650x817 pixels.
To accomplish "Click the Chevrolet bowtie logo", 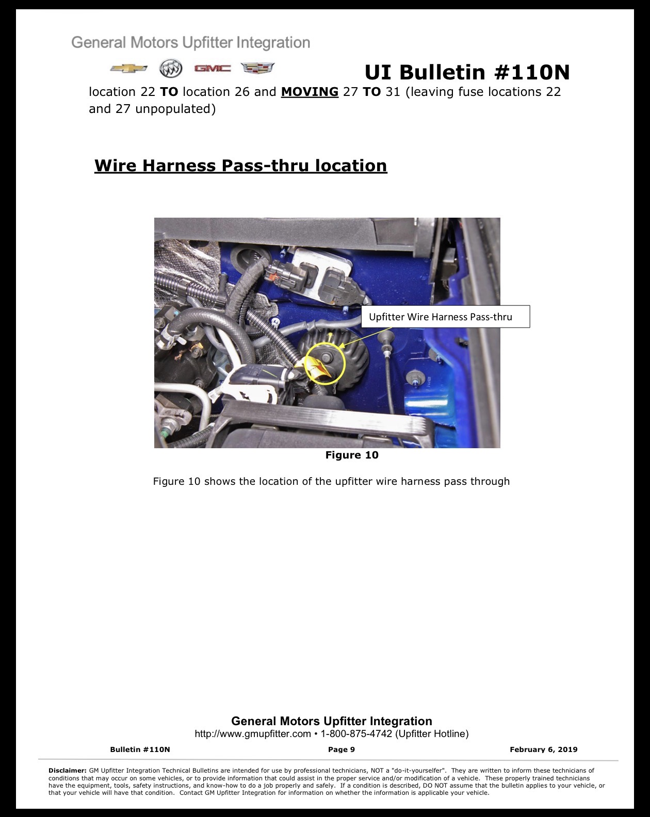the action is coord(128,69).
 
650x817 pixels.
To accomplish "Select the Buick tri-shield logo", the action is coord(171,68).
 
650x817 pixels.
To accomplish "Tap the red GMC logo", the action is coord(213,68).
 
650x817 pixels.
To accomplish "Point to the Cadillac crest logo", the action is coord(257,68).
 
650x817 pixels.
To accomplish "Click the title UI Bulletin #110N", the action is coord(467,72).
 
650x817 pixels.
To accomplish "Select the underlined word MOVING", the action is coord(310,92).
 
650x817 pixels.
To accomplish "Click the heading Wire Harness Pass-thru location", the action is coord(241,166).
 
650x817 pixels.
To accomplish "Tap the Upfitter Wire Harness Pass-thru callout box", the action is coord(445,317).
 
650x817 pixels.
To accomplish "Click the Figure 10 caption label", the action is coord(352,455).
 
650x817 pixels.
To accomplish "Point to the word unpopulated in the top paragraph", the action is coord(175,109).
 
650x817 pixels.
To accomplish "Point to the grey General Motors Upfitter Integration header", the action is coord(190,42).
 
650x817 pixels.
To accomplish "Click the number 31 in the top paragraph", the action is coord(393,92).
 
